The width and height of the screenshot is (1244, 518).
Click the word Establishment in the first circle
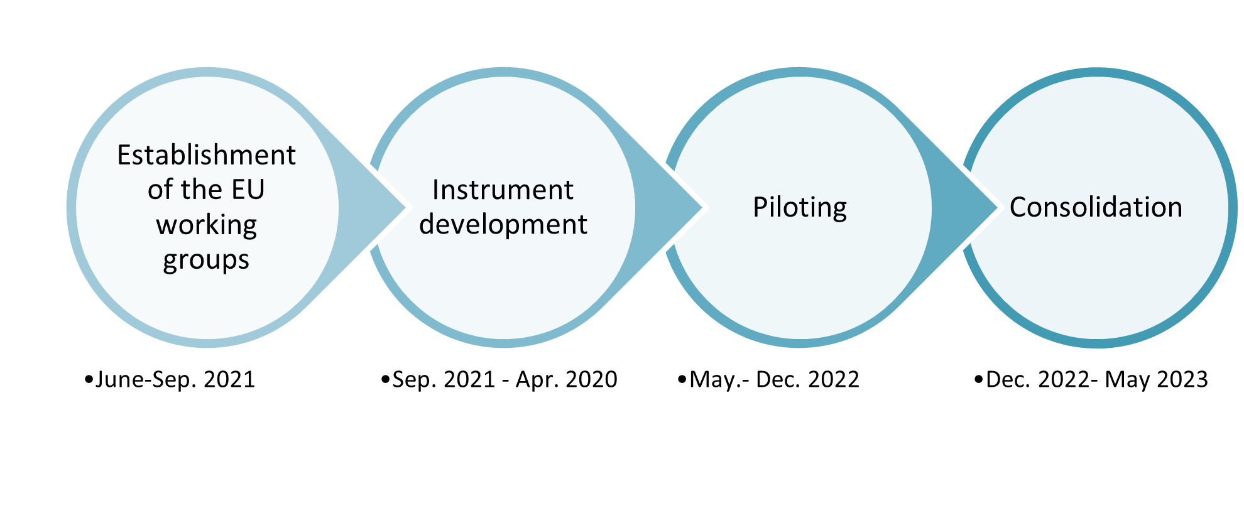click(x=206, y=155)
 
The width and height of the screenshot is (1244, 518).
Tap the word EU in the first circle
click(x=248, y=190)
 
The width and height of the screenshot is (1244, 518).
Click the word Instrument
click(x=503, y=190)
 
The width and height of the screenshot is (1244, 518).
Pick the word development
click(x=503, y=225)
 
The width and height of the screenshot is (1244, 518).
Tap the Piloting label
click(x=800, y=208)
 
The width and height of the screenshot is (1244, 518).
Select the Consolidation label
click(x=1096, y=207)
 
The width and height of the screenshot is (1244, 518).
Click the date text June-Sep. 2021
click(x=175, y=380)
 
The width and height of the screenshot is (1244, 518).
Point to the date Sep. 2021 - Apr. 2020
click(x=505, y=380)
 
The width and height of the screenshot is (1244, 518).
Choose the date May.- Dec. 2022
click(x=774, y=380)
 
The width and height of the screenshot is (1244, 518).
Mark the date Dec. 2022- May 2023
click(x=1097, y=380)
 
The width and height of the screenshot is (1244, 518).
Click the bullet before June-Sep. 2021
click(x=89, y=380)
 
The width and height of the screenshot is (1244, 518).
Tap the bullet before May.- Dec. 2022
click(x=682, y=380)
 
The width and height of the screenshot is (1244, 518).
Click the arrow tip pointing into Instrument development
click(x=405, y=207)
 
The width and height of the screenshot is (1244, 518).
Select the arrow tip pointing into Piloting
click(x=702, y=207)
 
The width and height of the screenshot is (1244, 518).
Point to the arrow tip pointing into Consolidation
click(x=998, y=207)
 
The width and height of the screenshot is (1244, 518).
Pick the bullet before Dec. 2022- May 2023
click(x=979, y=380)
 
